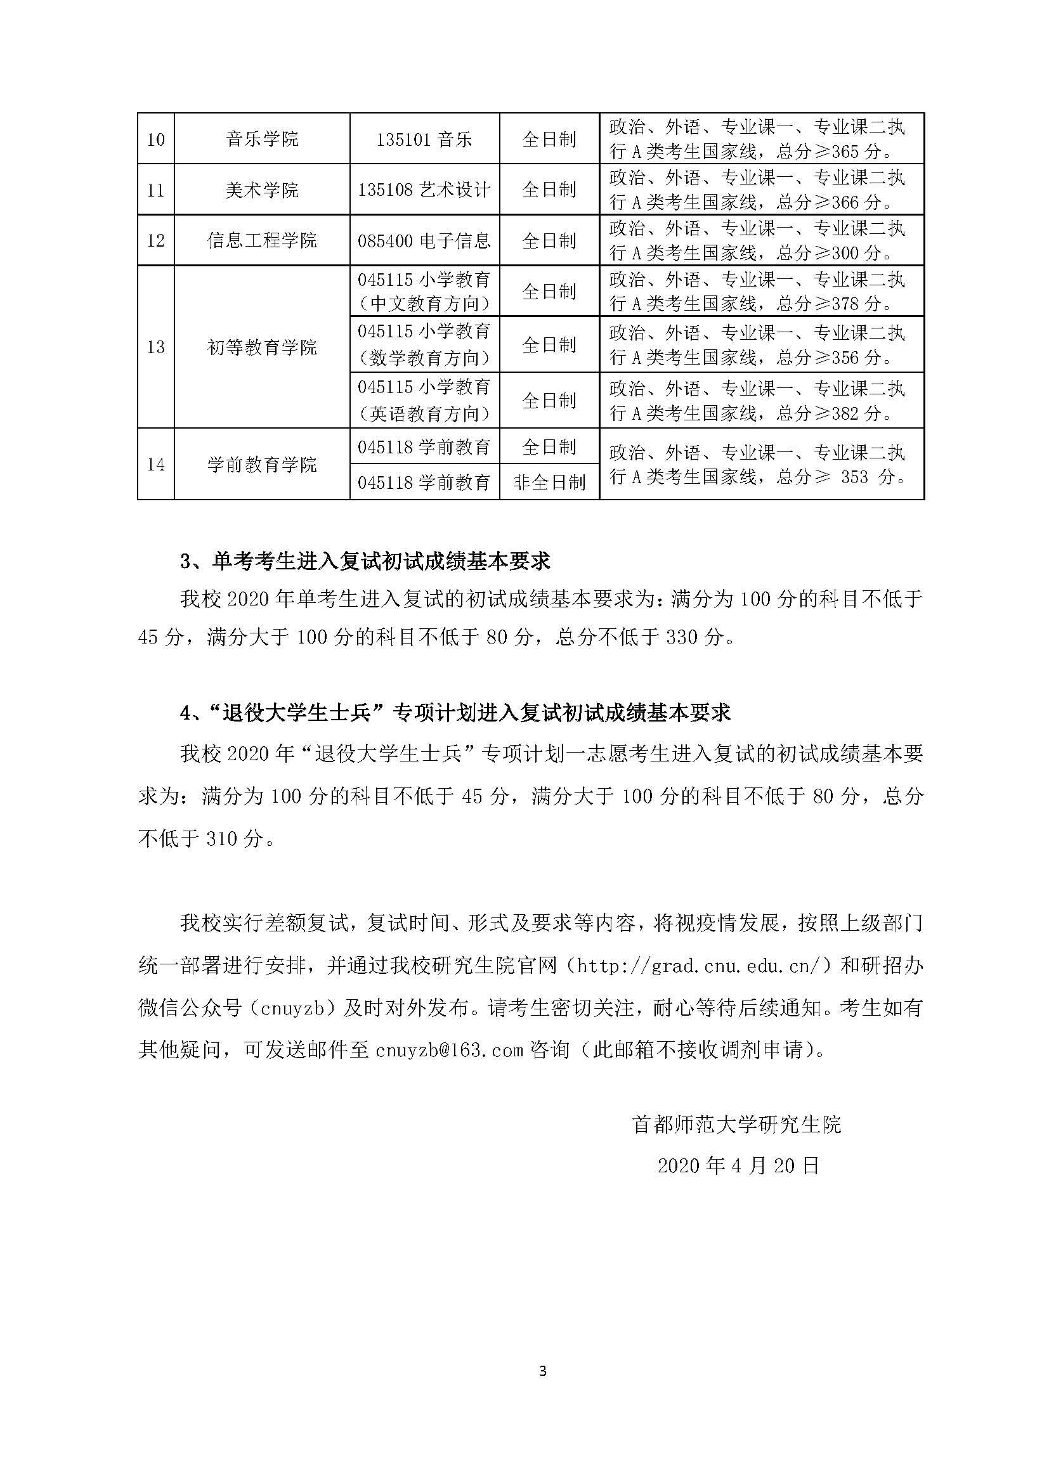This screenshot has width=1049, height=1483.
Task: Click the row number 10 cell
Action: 155,139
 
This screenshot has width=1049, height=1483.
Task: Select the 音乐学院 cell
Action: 263,139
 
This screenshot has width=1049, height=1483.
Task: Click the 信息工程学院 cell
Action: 263,240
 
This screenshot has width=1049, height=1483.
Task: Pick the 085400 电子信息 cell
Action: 424,240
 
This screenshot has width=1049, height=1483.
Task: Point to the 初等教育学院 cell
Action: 263,347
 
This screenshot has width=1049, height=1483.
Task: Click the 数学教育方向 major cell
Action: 424,344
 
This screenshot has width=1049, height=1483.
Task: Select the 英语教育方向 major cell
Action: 424,401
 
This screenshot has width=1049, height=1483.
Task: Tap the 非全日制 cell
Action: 549,482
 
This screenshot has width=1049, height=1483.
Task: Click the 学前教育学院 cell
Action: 263,464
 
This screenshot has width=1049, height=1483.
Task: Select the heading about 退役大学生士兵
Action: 455,713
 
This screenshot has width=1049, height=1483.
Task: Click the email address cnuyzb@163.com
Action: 449,1049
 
